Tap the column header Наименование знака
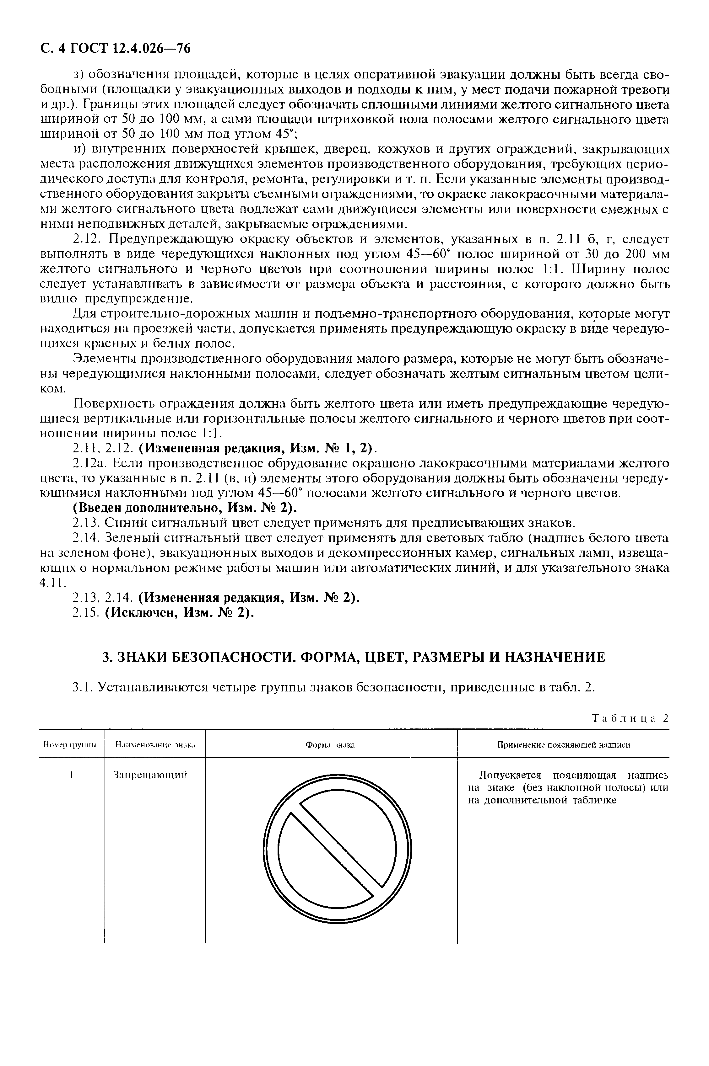(x=154, y=745)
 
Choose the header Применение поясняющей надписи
(x=563, y=745)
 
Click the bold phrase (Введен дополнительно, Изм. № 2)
(x=185, y=508)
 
